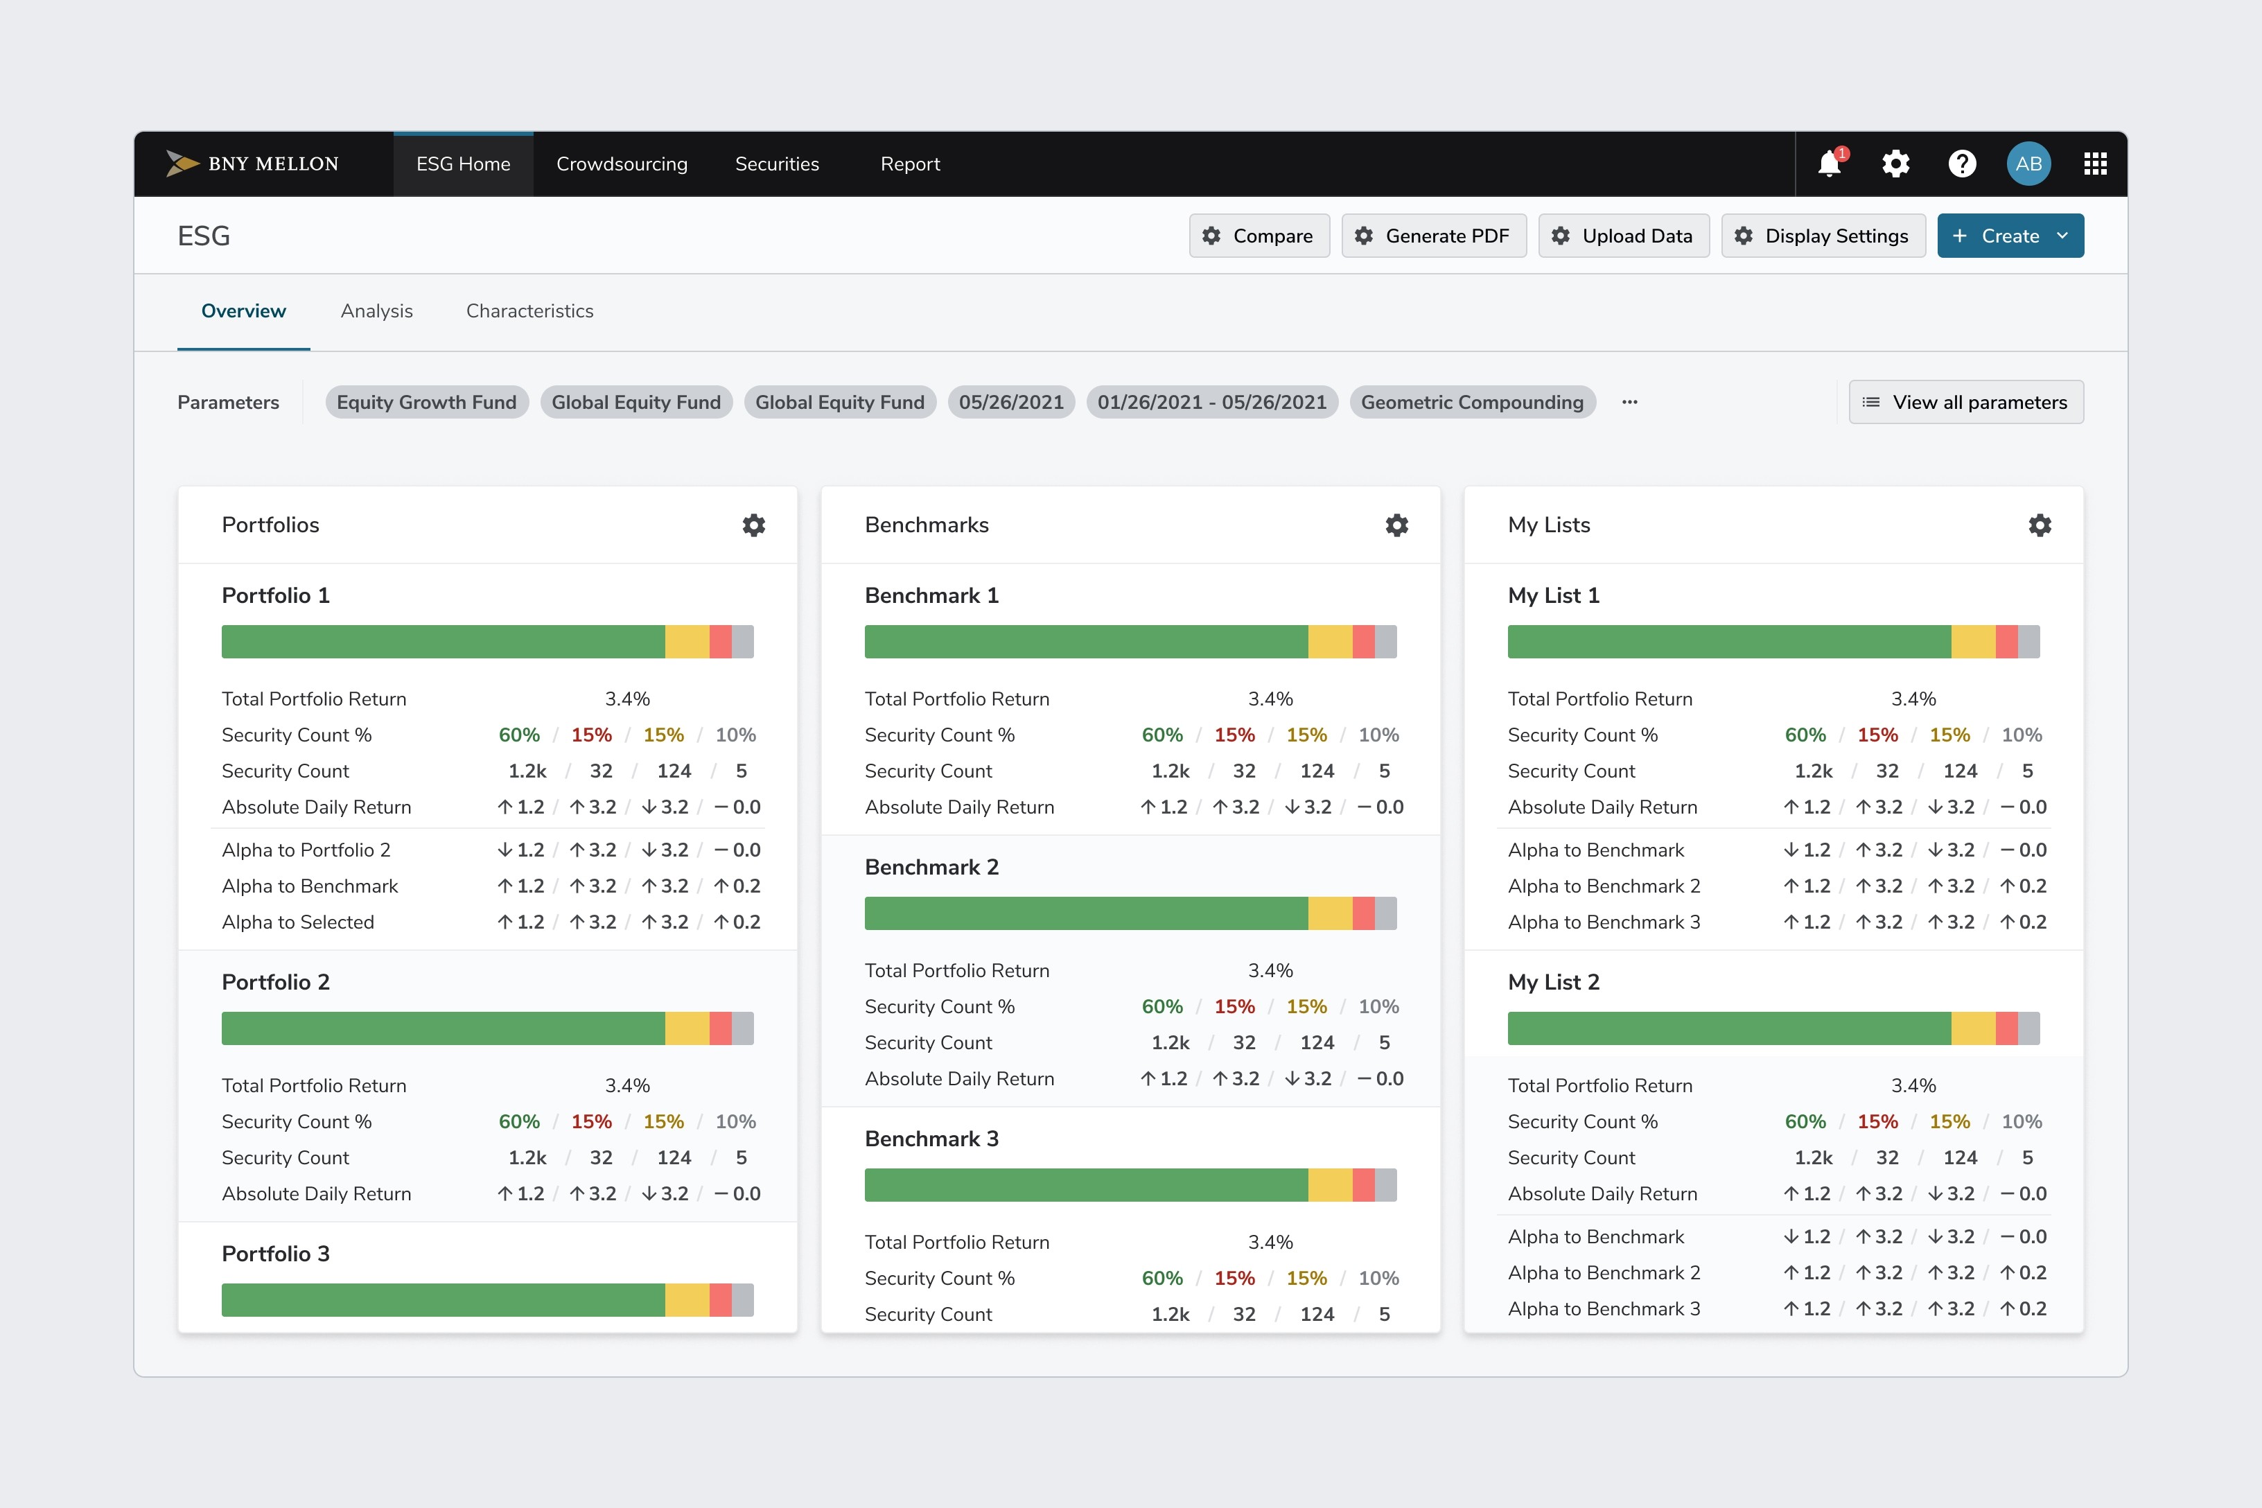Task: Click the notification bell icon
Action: click(1830, 164)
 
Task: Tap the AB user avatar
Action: click(2028, 164)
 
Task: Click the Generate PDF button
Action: click(1434, 236)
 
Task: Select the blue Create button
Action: click(2010, 236)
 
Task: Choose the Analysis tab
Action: click(377, 310)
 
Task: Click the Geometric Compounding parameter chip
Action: click(1473, 402)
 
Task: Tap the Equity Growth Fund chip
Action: click(427, 402)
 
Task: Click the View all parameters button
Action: click(1966, 402)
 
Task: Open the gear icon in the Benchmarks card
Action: click(1396, 525)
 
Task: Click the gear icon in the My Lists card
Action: click(2040, 525)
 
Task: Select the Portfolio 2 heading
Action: click(276, 982)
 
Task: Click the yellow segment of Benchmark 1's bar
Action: click(1330, 642)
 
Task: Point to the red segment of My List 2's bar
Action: click(2006, 1028)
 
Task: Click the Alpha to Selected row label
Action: click(298, 922)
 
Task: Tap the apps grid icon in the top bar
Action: click(2096, 164)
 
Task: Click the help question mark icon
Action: click(1962, 164)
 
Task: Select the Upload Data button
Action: click(1624, 236)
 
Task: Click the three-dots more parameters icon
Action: click(1629, 402)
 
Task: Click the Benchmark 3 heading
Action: click(932, 1139)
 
